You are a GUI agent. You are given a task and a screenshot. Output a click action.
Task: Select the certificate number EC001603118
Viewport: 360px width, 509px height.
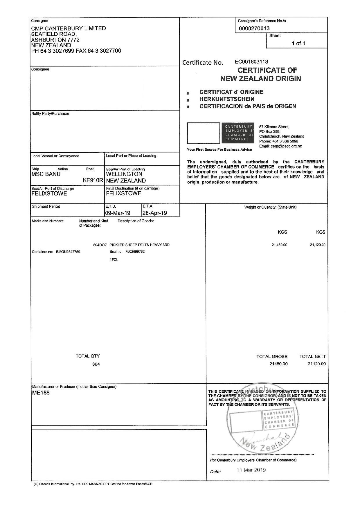(x=251, y=62)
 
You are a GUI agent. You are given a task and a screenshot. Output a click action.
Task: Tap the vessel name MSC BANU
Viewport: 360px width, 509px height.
(x=46, y=174)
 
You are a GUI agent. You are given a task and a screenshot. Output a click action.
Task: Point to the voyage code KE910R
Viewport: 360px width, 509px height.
(x=93, y=181)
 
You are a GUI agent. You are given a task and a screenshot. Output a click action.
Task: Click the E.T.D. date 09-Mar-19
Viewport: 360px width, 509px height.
(x=118, y=213)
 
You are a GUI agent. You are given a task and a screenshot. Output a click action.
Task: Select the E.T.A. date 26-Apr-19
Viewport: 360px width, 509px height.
(x=154, y=213)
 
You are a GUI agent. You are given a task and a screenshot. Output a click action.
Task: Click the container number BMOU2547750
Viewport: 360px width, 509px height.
(x=68, y=252)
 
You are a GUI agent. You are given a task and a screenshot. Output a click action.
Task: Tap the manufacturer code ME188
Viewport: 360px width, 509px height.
(x=41, y=393)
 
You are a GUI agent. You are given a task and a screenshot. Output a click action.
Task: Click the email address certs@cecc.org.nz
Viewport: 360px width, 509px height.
(x=286, y=146)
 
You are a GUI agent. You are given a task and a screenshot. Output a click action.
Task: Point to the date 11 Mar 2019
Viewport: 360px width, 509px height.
(x=251, y=470)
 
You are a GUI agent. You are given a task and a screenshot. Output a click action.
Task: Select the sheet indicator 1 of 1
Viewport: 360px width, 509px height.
(x=298, y=44)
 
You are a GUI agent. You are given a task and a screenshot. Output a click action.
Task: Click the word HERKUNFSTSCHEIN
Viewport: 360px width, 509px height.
(x=227, y=99)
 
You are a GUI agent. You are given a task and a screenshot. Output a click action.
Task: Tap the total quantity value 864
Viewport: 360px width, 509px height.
(x=96, y=364)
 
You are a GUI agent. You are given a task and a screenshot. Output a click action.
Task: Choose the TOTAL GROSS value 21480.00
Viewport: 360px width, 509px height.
(x=278, y=364)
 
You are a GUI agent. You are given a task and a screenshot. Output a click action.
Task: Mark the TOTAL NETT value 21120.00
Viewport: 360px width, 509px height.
(x=317, y=364)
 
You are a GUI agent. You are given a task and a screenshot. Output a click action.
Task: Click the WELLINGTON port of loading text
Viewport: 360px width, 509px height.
(x=124, y=174)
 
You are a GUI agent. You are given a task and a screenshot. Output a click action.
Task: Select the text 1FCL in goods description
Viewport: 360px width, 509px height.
(x=114, y=260)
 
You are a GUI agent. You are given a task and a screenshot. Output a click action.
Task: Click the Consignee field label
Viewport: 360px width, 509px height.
(x=40, y=69)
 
